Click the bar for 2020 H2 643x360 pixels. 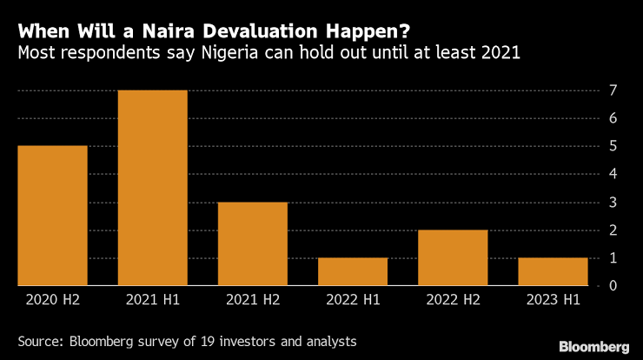point(52,215)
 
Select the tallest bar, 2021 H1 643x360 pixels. point(152,187)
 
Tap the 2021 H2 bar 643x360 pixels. point(252,243)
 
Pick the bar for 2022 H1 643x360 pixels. point(352,271)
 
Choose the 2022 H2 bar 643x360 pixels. point(452,257)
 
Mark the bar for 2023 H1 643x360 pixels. point(552,271)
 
